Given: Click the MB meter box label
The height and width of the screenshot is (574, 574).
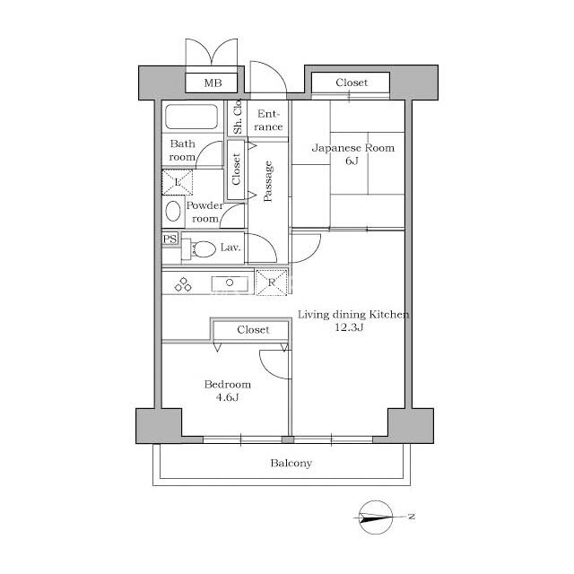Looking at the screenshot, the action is [x=213, y=83].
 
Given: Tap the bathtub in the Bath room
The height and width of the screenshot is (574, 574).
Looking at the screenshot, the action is [x=191, y=117].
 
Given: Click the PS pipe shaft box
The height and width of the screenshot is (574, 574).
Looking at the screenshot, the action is [x=170, y=239].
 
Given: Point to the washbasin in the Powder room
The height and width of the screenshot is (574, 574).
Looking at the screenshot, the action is [x=173, y=212].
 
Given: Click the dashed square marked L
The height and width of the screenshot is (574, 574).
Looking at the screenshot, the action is [x=178, y=182].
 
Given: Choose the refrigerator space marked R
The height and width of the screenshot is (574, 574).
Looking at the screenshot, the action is [x=271, y=283].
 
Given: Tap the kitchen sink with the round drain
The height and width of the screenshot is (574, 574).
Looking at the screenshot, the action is [x=230, y=283].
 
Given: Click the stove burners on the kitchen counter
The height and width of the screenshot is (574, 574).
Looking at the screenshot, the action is [x=183, y=284].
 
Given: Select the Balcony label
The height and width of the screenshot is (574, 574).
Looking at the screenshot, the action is [x=291, y=464].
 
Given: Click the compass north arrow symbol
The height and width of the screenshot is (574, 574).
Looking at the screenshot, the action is [x=376, y=517].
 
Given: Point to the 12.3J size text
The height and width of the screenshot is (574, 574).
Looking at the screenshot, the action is [x=349, y=327].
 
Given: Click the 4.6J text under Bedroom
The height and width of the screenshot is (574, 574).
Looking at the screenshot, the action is [x=227, y=397].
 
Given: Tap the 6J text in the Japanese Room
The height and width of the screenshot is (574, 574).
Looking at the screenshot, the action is [x=352, y=161].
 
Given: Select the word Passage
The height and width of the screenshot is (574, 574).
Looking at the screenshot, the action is [x=268, y=181].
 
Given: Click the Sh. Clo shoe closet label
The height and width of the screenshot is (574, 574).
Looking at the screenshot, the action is [x=237, y=117].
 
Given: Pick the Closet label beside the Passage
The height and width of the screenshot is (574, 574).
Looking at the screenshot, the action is [x=236, y=170].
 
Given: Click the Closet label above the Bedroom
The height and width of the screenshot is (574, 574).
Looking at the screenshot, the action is [x=253, y=330].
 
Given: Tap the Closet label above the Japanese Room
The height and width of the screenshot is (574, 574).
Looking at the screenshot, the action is [x=352, y=83].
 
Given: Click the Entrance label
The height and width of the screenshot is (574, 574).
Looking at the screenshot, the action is [x=268, y=120].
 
